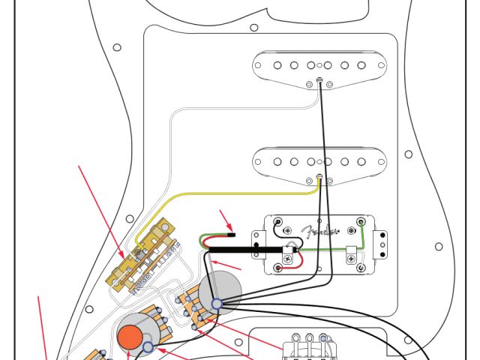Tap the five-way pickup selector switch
point(146,259)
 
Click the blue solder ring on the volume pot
point(217,304)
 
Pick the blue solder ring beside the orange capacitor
point(148,347)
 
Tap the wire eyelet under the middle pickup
point(320,177)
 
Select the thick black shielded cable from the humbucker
point(247,247)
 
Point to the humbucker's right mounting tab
point(385,241)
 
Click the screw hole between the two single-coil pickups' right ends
point(408,154)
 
